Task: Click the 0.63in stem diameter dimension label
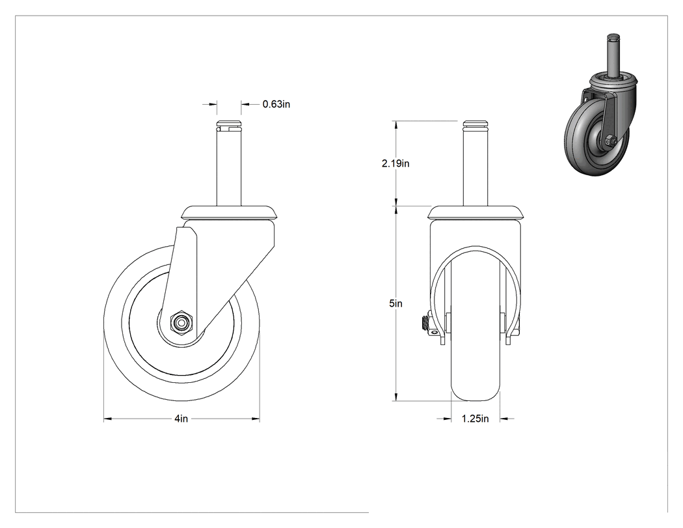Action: (x=276, y=104)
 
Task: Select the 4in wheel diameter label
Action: (x=181, y=419)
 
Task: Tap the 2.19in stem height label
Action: (x=395, y=163)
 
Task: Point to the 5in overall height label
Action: (x=395, y=303)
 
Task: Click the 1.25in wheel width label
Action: (x=475, y=419)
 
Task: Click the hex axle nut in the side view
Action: (x=180, y=323)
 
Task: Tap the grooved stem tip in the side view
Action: (x=229, y=124)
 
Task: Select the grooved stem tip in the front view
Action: (x=475, y=124)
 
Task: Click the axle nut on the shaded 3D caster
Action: (x=609, y=141)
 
